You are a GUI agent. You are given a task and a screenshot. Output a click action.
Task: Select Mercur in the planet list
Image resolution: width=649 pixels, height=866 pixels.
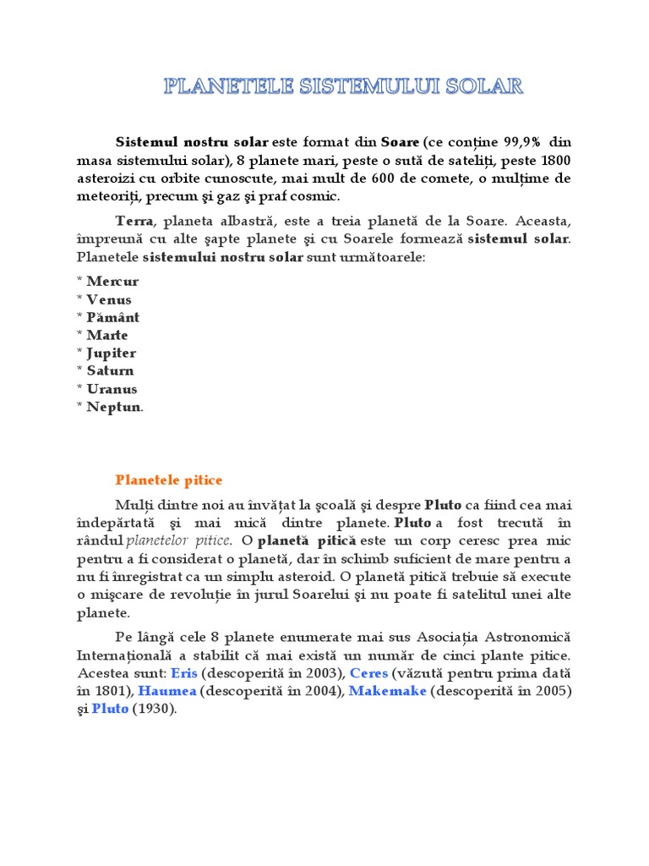point(112,282)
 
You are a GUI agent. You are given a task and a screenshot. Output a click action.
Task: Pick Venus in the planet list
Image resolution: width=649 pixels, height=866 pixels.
point(109,299)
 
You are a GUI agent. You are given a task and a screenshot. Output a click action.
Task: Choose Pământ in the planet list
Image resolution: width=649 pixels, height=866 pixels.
point(112,317)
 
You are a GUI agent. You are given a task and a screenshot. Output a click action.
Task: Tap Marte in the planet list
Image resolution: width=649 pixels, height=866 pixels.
point(107,335)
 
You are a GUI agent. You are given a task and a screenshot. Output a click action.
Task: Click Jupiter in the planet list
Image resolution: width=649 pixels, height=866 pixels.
point(111,353)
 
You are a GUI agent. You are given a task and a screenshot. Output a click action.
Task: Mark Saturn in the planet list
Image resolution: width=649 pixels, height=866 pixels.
point(110,370)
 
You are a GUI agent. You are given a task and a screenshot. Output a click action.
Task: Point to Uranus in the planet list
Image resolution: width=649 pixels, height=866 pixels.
point(112,389)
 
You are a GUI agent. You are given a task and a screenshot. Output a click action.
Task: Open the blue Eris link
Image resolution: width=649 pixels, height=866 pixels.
point(183,673)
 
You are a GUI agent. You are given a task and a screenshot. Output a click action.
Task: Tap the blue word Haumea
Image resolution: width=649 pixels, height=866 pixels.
point(167,691)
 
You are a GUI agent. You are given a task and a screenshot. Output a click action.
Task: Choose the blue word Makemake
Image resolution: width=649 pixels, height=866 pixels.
point(387,691)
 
